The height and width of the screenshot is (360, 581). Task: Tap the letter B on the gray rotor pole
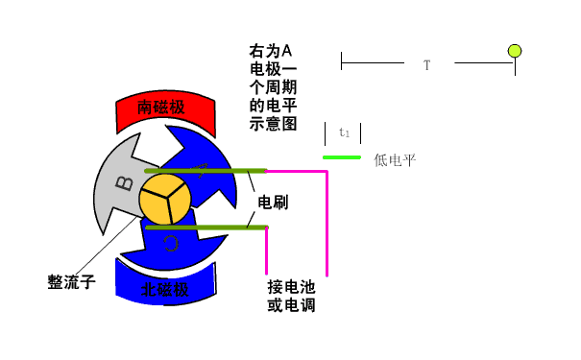[x=124, y=181]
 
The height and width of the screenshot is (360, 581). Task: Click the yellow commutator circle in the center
[x=166, y=199]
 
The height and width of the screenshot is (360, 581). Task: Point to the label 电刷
[x=274, y=204]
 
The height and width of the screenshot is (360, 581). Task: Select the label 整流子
[x=71, y=282]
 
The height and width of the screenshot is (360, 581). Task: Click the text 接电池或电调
[x=292, y=296]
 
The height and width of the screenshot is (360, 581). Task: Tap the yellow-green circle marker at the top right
[x=515, y=51]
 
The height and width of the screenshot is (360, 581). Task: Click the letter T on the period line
[x=426, y=65]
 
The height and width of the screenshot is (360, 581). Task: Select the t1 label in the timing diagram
[x=344, y=132]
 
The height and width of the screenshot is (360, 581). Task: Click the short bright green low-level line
[x=342, y=156]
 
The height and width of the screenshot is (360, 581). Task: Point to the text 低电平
[x=395, y=159]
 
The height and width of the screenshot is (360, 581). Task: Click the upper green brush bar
[x=202, y=172]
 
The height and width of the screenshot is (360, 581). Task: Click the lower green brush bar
[x=202, y=227]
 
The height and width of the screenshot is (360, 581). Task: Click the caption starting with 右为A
[x=274, y=86]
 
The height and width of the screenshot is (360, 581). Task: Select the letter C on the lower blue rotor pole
[x=171, y=243]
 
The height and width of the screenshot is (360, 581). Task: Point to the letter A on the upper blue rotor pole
[x=201, y=170]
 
